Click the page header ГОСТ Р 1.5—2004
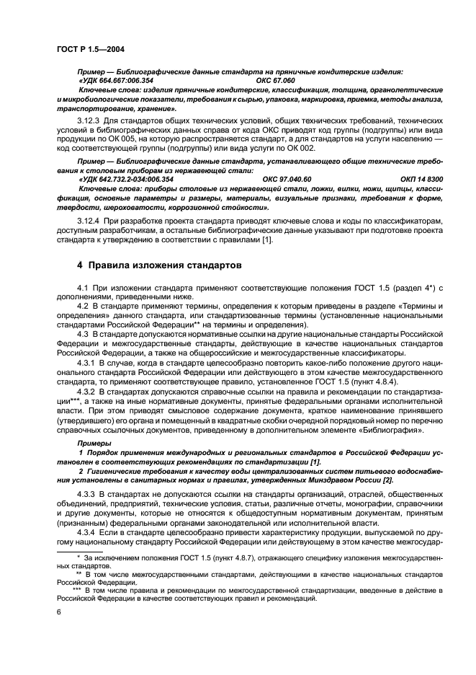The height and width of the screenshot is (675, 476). pyautogui.click(x=89, y=48)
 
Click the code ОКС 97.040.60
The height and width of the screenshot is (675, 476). pyautogui.click(x=287, y=178)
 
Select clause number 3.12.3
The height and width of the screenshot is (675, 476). pyautogui.click(x=90, y=117)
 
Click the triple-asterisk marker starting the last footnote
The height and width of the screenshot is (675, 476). pyautogui.click(x=73, y=589)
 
